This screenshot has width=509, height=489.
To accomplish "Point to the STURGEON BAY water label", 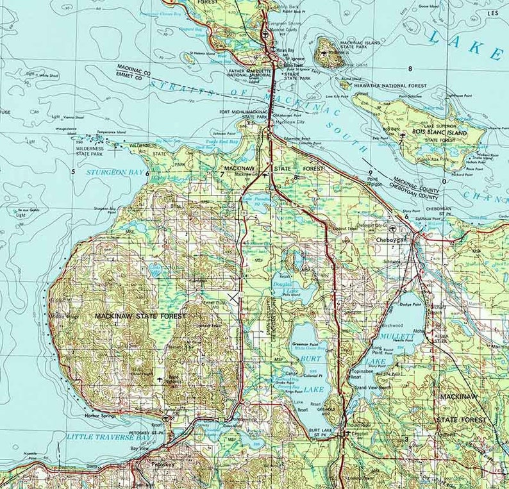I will pos(113,172).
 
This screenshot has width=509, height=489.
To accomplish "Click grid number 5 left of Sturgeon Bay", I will pos(73,172).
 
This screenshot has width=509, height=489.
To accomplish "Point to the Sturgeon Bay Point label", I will pos(104,209).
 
